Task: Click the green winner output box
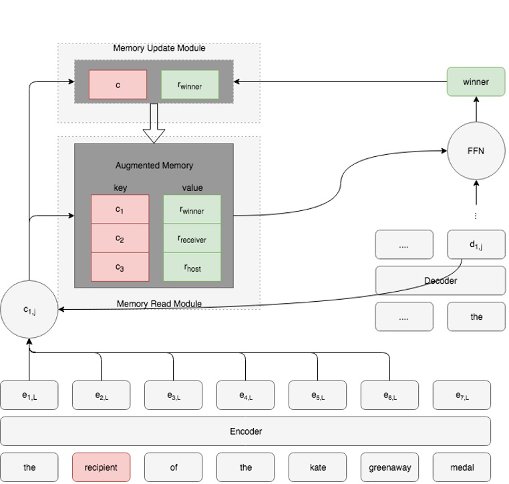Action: click(476, 82)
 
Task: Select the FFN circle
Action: click(476, 151)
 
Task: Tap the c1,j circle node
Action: click(29, 308)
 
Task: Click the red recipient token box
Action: click(101, 467)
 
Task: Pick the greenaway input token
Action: click(389, 467)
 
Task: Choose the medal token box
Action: click(462, 467)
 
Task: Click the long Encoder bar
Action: click(245, 431)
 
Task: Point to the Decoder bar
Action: click(440, 280)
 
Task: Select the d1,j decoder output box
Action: click(476, 245)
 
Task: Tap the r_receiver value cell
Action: click(192, 239)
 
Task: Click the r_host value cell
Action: click(192, 268)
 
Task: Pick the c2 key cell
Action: click(120, 239)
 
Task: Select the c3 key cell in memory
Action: click(120, 268)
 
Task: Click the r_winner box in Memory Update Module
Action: click(190, 85)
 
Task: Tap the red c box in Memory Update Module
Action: click(118, 85)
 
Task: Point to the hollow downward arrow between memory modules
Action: click(154, 124)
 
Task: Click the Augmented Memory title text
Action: click(154, 164)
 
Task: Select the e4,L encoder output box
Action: click(245, 395)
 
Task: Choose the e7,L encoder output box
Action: click(462, 395)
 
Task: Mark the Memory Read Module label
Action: click(159, 304)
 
